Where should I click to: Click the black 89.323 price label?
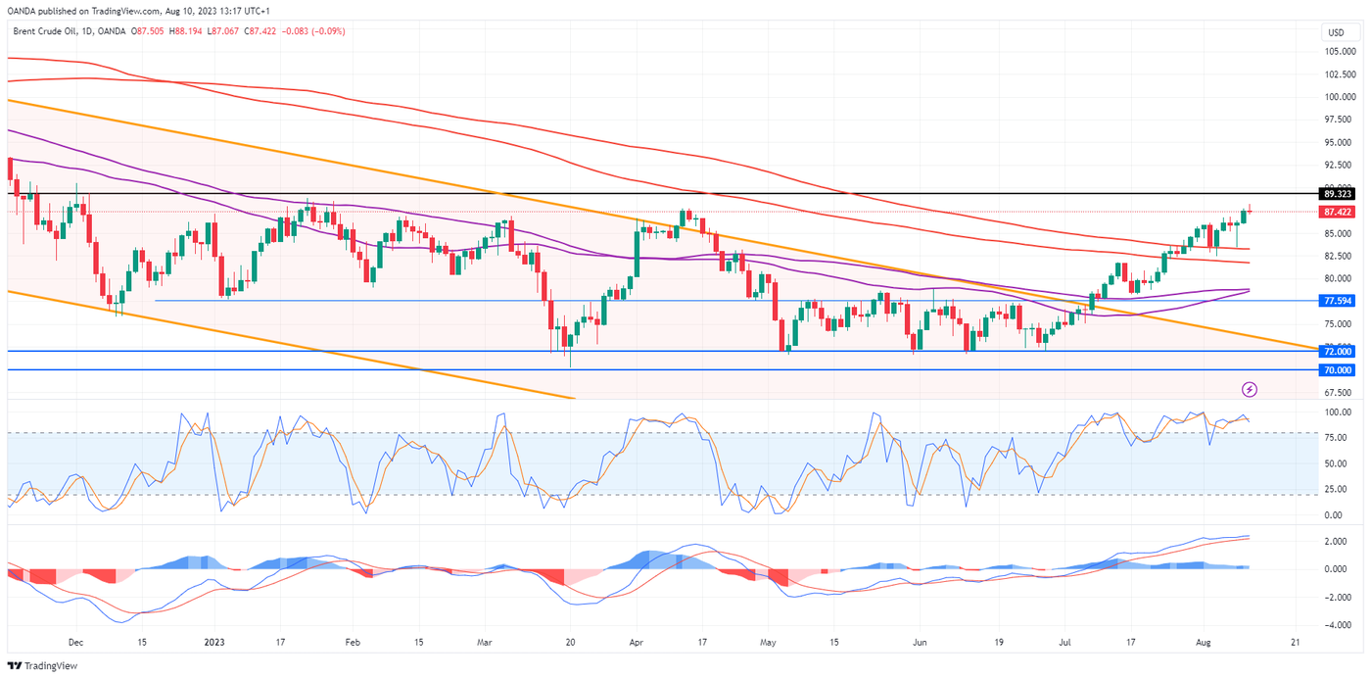[x=1337, y=194]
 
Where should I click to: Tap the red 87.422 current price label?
[x=1337, y=212]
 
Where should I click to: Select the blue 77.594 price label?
[x=1337, y=301]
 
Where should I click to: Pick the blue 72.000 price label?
[x=1337, y=351]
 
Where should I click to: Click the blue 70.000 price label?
[x=1337, y=369]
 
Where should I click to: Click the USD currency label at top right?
[x=1336, y=31]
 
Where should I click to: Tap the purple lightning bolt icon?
[x=1250, y=389]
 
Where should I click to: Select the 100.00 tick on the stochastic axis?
[x=1337, y=412]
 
